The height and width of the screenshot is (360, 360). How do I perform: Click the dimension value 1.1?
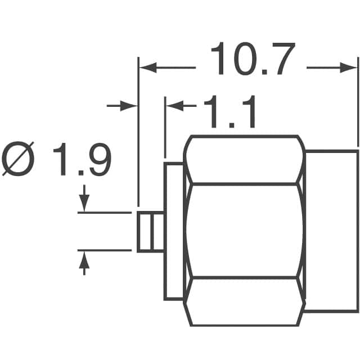[229, 112]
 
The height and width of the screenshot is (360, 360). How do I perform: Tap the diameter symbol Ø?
[19, 160]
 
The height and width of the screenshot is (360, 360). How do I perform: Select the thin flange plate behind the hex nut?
[174, 231]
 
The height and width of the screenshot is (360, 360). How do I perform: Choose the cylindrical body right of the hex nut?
[332, 231]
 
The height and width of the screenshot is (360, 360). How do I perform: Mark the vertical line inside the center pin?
[150, 232]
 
